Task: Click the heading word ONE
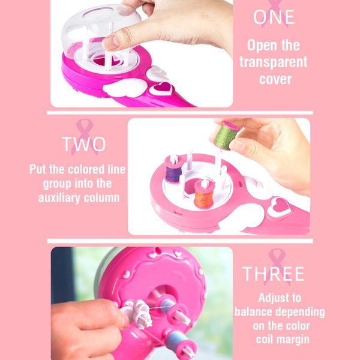coord(273,17)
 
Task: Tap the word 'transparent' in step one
coord(273,62)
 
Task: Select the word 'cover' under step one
coord(273,78)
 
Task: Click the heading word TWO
coord(84,145)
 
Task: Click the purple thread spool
coord(174,170)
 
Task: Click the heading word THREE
coord(273,274)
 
